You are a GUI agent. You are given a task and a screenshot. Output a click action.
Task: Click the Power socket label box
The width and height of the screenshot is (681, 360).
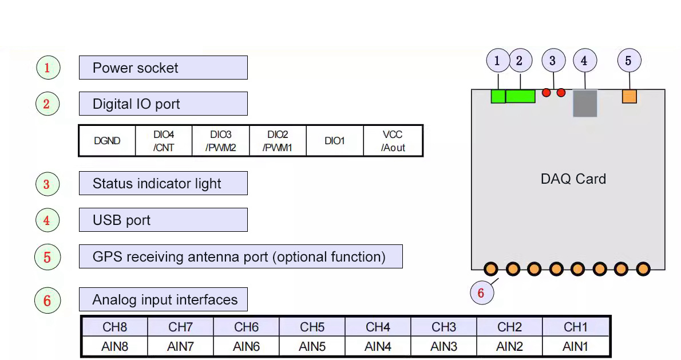[x=163, y=68]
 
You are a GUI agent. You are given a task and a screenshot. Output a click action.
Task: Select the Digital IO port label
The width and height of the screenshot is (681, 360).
[x=163, y=104]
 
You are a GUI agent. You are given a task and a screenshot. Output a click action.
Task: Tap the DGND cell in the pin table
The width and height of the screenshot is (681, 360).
[x=107, y=141]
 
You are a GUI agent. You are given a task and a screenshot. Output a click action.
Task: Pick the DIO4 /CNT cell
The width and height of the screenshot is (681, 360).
[x=164, y=141]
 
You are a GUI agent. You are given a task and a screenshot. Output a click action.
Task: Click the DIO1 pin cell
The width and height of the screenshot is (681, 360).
[x=335, y=141]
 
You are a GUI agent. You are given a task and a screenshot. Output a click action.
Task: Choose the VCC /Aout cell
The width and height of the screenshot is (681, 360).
[x=393, y=141]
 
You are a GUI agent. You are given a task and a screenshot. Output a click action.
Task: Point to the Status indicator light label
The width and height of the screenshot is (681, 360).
[x=163, y=183]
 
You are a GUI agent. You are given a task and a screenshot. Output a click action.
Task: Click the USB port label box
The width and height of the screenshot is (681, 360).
[x=163, y=220]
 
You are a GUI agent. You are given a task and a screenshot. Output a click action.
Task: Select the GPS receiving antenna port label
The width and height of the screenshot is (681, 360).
[x=240, y=256]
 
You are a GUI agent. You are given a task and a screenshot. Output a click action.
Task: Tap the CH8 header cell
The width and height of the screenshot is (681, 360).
[x=114, y=327]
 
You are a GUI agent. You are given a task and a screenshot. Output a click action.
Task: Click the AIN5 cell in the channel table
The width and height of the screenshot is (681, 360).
[x=312, y=346]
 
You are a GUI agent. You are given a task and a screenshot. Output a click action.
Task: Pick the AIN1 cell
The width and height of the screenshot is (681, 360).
[x=575, y=346]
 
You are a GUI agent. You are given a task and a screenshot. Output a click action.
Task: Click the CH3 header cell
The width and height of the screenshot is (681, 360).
[x=444, y=327]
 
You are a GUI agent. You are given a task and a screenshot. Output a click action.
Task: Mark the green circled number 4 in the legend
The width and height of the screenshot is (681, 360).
[x=47, y=220]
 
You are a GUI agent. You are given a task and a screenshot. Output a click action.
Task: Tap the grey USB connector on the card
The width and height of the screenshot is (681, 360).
[x=585, y=104]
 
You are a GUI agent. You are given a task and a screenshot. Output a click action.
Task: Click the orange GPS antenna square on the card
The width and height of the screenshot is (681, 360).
[x=629, y=96]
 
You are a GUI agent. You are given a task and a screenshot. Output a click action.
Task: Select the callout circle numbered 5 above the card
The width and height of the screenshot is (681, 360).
[x=629, y=61]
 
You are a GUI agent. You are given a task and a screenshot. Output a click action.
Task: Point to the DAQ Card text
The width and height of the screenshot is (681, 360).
[x=573, y=179]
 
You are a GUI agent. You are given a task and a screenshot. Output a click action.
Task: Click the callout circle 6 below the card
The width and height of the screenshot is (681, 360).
[x=481, y=293]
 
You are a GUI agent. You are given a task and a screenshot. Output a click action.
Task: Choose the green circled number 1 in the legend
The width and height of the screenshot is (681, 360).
[x=47, y=68]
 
